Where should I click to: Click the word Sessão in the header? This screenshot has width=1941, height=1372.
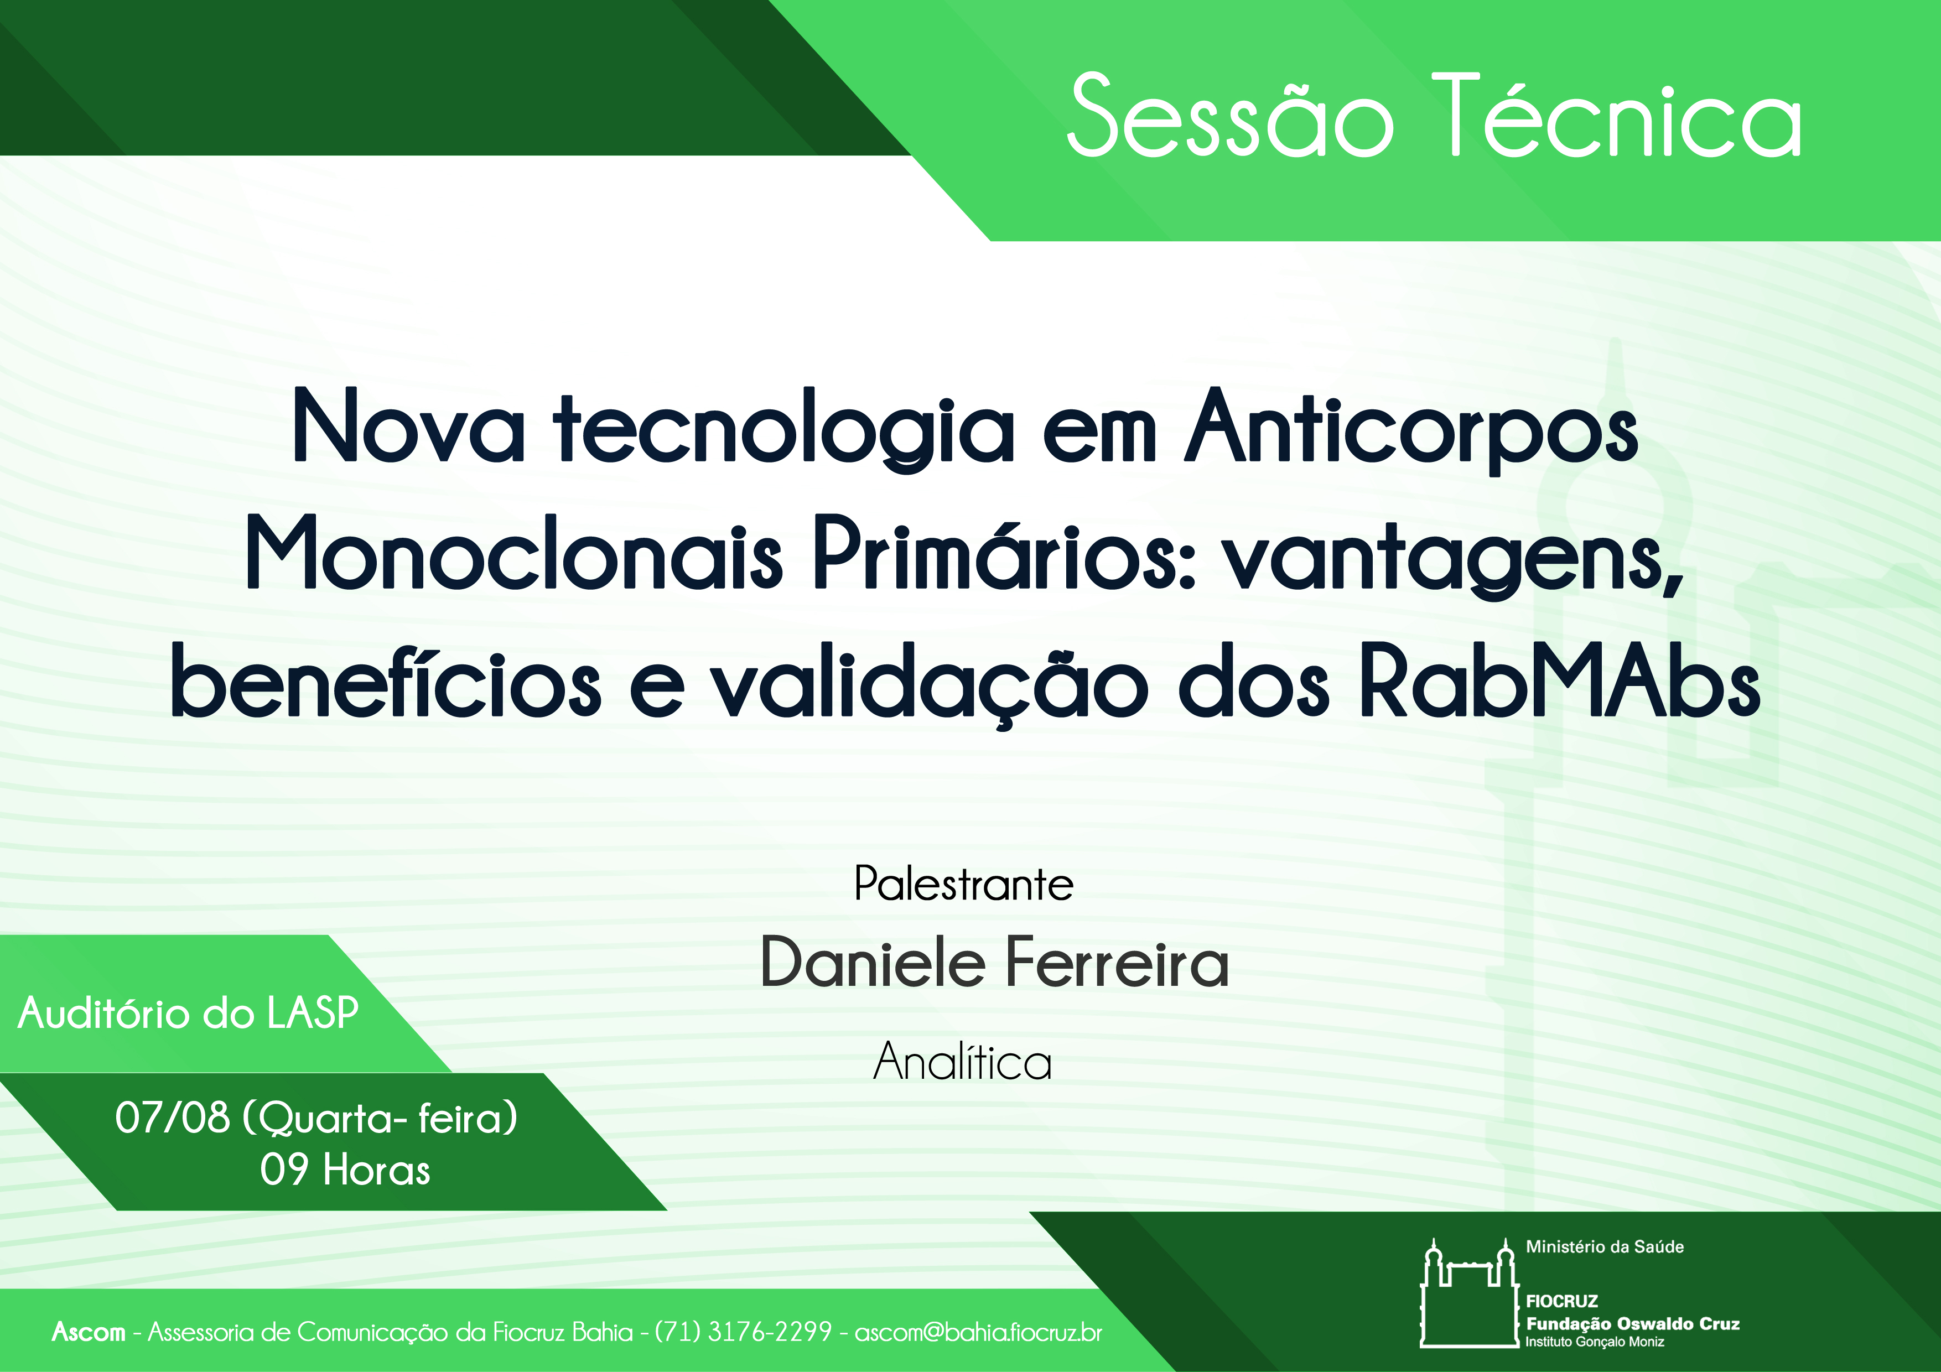(x=1230, y=115)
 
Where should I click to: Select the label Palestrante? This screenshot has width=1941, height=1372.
(x=964, y=884)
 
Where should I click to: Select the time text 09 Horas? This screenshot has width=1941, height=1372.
(x=345, y=1170)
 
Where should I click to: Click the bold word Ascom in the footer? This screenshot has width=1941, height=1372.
(x=88, y=1332)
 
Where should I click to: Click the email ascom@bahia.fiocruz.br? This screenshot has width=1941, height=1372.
(x=979, y=1332)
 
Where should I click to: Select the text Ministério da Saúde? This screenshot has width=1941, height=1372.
(x=1605, y=1247)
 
